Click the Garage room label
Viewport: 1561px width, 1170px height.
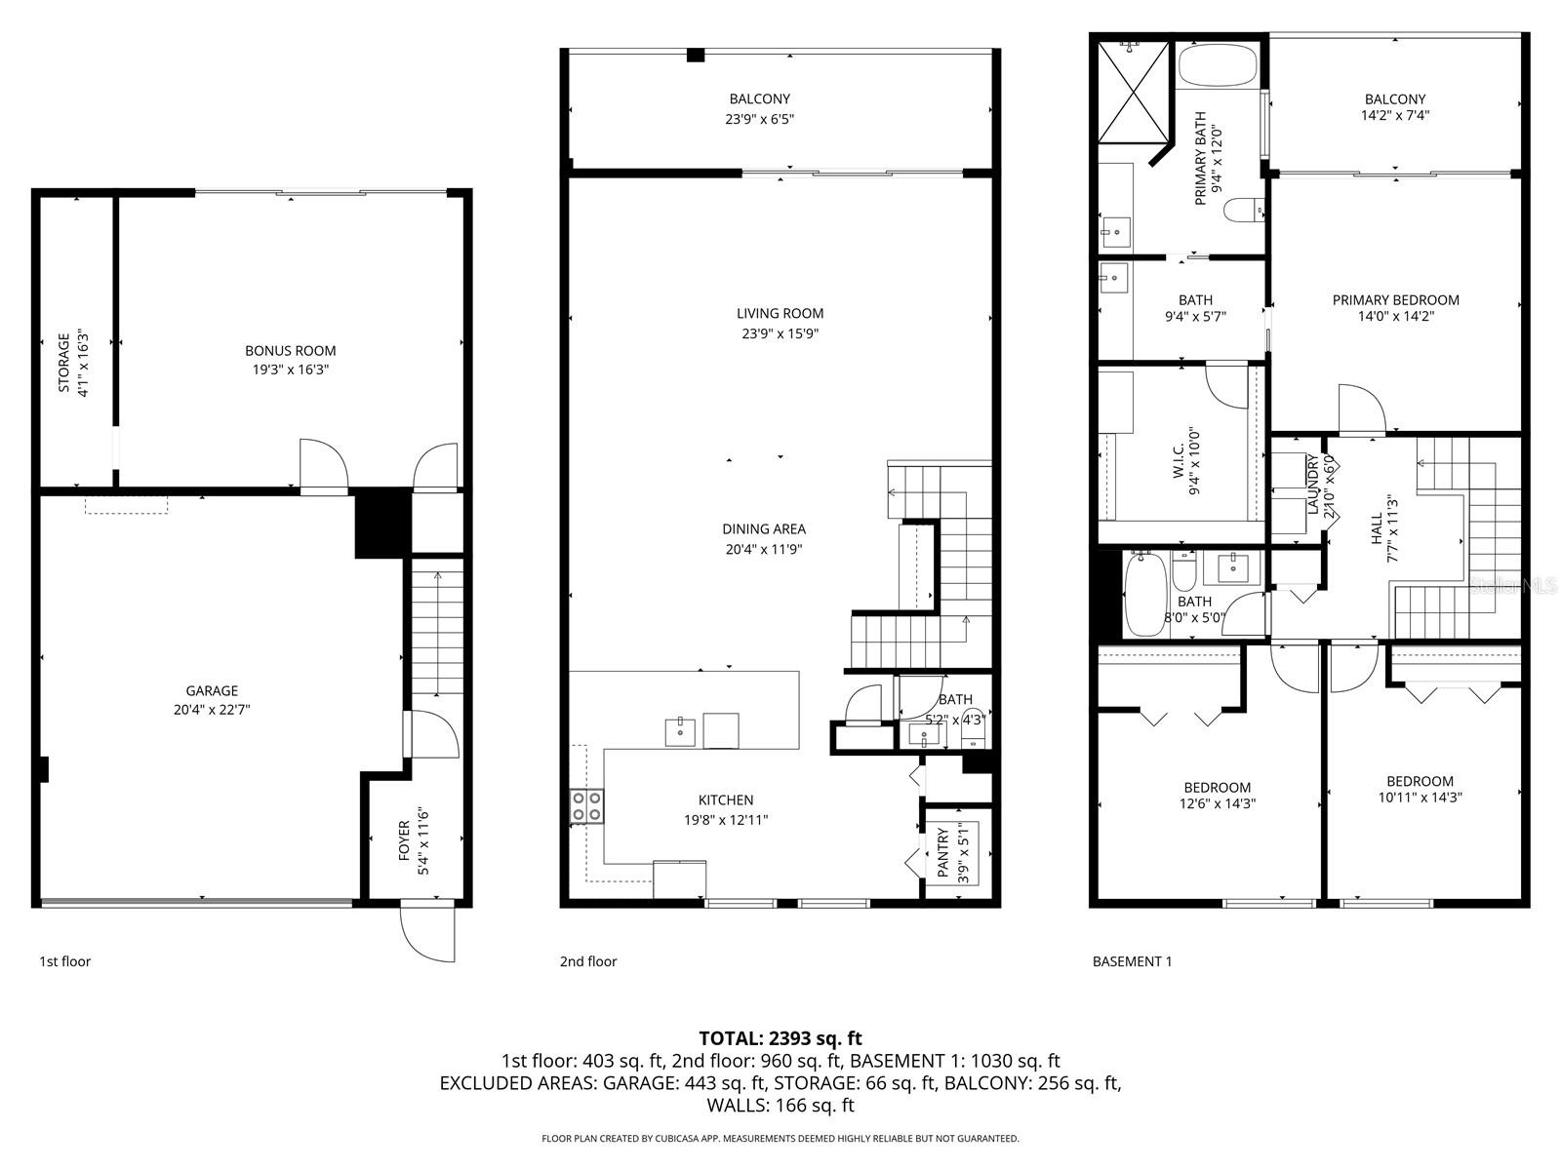coord(212,690)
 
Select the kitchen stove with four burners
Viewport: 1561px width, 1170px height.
coord(586,805)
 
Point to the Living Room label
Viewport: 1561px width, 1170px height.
coord(780,313)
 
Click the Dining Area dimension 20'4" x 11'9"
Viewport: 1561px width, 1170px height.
coord(764,549)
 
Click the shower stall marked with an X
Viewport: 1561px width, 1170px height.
coord(1132,93)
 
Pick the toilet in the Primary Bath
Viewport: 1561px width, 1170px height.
coord(1245,210)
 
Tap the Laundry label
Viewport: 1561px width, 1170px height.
coord(1313,485)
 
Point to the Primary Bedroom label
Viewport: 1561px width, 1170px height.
coord(1395,299)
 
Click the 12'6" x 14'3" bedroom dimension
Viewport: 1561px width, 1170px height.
coord(1217,804)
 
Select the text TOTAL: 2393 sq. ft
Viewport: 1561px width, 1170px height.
coord(780,1037)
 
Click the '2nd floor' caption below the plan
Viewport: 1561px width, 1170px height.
coord(588,961)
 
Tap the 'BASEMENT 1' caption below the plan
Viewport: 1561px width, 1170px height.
coord(1132,961)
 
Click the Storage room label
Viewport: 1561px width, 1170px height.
coord(64,363)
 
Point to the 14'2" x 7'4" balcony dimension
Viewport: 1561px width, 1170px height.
coord(1394,119)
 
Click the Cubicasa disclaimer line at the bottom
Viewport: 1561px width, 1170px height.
coord(780,1138)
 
